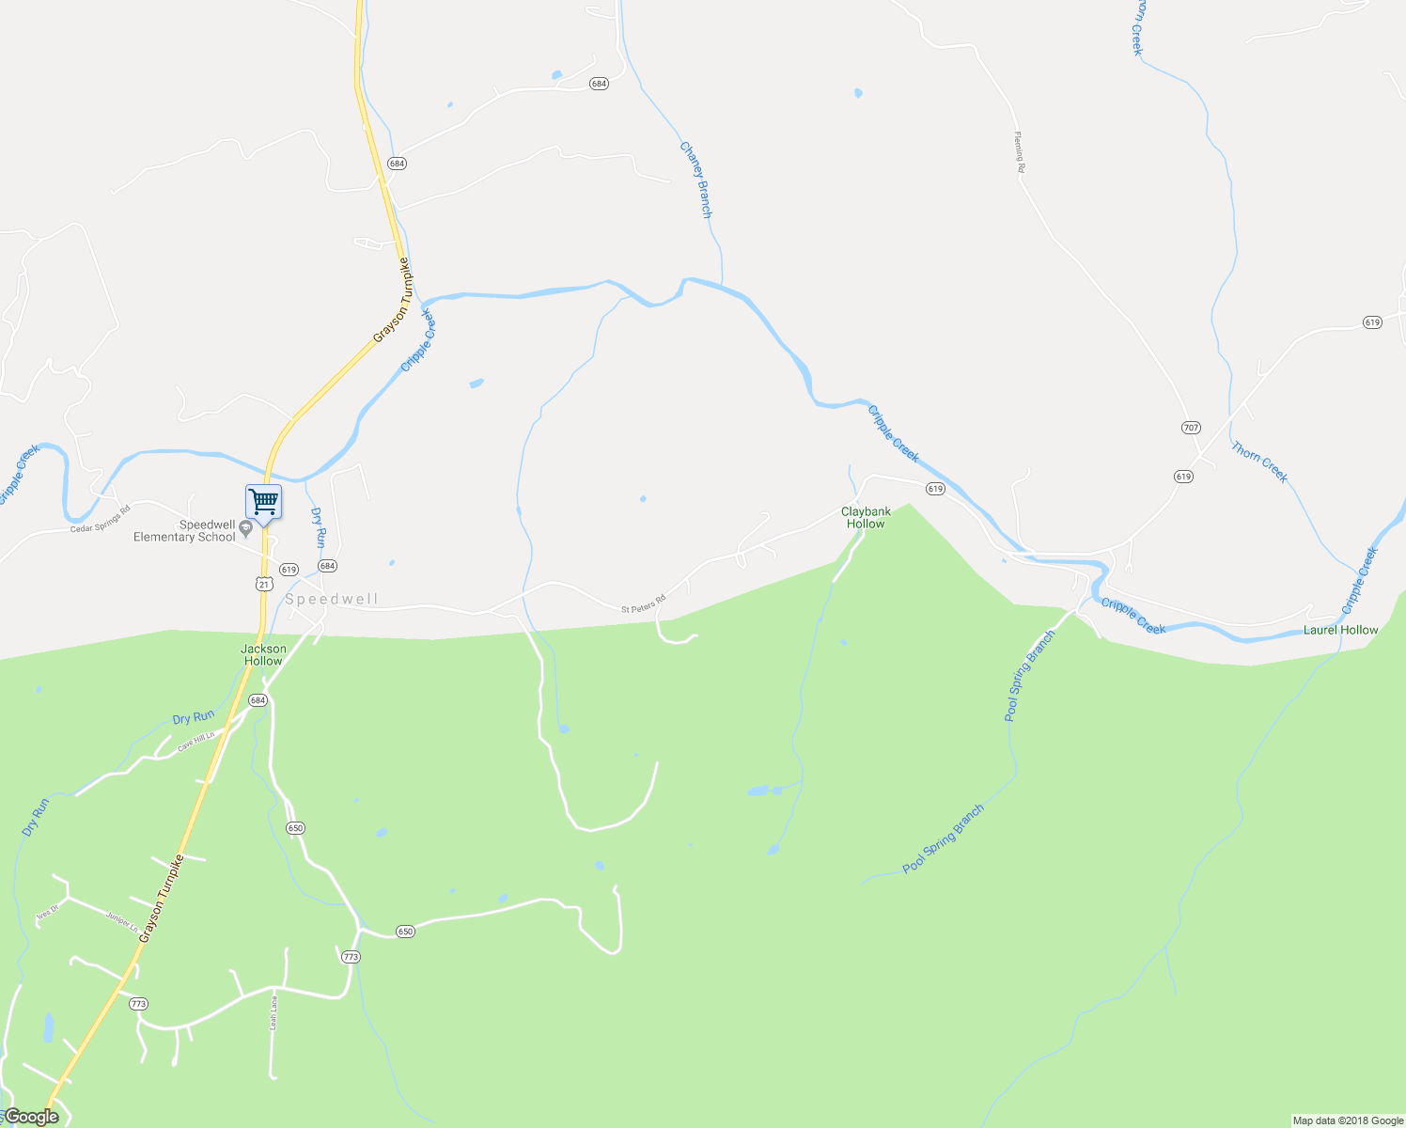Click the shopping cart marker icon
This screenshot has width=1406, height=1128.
pos(263,501)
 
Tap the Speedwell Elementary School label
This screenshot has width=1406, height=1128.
pos(184,531)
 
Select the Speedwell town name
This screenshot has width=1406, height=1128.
pos(332,600)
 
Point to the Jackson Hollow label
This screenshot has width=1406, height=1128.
pos(263,655)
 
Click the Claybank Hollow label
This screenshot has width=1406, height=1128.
pos(866,518)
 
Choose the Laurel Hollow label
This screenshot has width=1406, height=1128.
pos(1340,630)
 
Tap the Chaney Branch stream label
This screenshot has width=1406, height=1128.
pos(695,180)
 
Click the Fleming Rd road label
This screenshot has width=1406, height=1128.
pos(1019,152)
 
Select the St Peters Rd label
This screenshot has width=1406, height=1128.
pos(643,603)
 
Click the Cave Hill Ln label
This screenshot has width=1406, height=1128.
pos(196,741)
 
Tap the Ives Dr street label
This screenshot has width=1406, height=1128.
pos(47,914)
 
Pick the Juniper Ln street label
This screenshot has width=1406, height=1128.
pos(122,922)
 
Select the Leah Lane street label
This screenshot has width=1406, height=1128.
pos(273,1012)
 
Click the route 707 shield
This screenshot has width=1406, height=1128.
pos(1191,428)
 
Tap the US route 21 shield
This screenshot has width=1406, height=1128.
pos(263,584)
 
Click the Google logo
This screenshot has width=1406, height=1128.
pos(31,1117)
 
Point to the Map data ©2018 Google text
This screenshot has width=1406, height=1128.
pos(1348,1120)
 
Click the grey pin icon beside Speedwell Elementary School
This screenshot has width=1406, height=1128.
pos(246,528)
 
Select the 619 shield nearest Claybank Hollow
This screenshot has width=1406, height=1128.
pos(934,489)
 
